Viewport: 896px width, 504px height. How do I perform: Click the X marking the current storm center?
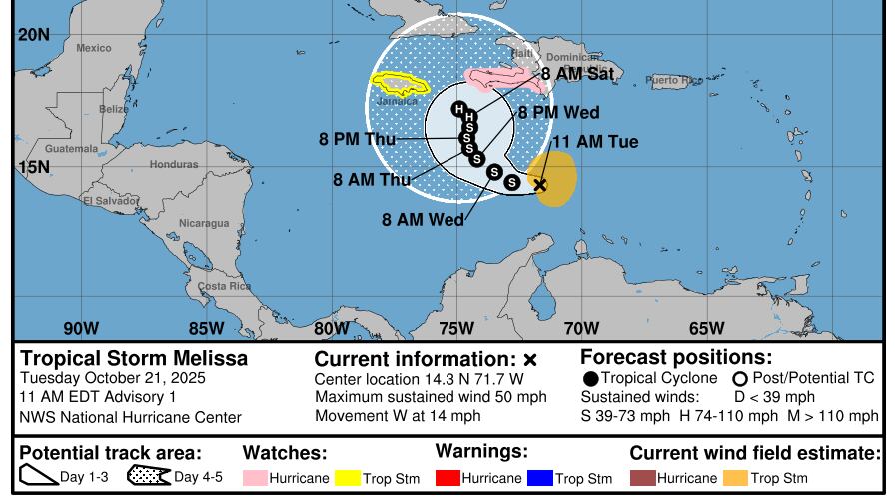[x=540, y=185]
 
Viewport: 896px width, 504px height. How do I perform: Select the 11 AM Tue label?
[x=595, y=142]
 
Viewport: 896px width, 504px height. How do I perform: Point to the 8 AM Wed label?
[x=423, y=219]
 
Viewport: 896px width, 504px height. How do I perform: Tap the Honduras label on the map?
[x=174, y=164]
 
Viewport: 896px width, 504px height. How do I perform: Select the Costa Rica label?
[x=224, y=286]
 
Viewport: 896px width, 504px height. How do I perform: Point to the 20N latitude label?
[x=33, y=35]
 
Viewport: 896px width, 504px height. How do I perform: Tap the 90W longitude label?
[x=81, y=328]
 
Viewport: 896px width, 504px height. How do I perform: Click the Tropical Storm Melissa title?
[x=134, y=358]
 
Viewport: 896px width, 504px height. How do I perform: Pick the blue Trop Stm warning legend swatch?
[x=540, y=478]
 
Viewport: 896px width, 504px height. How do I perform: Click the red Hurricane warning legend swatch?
[x=448, y=478]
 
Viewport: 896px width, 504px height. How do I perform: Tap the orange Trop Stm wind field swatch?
[x=735, y=478]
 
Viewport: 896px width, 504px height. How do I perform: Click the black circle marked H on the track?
[x=458, y=109]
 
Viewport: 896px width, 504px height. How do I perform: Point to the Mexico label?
[x=94, y=48]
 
